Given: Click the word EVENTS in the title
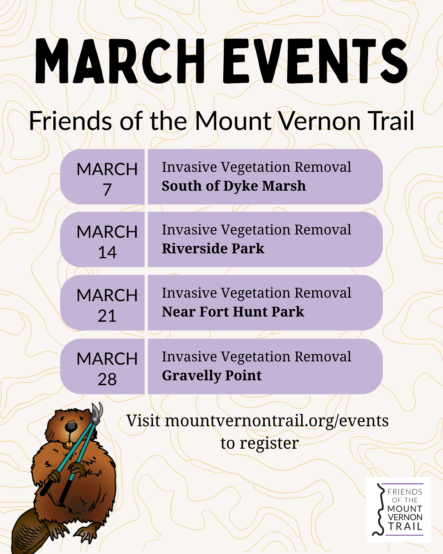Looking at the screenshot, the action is pos(315,61).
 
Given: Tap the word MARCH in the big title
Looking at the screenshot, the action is pos(120,61).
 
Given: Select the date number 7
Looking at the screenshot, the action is pos(107,190).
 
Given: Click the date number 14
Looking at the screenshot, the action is pos(107,252).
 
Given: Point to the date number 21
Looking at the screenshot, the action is pos(107,316).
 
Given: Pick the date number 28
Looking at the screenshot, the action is pos(107,379).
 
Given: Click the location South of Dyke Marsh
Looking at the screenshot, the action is pos(234,186).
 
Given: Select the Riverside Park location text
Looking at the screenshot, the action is pos(213,249).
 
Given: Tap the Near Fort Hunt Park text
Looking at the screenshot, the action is pos(233,312).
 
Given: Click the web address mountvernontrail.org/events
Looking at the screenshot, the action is pos(277,421).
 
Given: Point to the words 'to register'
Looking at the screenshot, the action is pos(260,443).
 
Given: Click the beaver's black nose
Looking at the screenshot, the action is pos(71,426).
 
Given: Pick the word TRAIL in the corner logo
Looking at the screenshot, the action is pos(405,526).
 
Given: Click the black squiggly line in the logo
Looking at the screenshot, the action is pos(380,509).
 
